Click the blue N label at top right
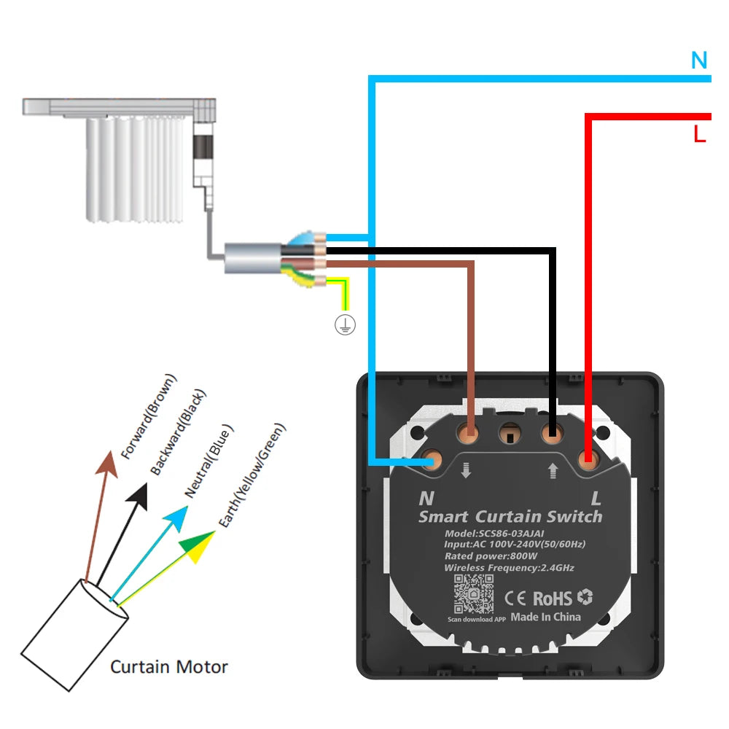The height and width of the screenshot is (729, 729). click(699, 61)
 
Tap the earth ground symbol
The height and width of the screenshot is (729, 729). click(345, 326)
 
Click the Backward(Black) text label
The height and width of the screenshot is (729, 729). click(179, 432)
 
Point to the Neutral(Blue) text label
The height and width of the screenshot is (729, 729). click(210, 461)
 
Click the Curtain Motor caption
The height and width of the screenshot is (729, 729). click(169, 666)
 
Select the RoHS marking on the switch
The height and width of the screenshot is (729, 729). click(552, 599)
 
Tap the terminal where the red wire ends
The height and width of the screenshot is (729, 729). click(588, 459)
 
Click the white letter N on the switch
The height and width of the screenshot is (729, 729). click(426, 499)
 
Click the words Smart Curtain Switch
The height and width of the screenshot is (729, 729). click(510, 517)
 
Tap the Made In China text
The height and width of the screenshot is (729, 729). click(545, 617)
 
